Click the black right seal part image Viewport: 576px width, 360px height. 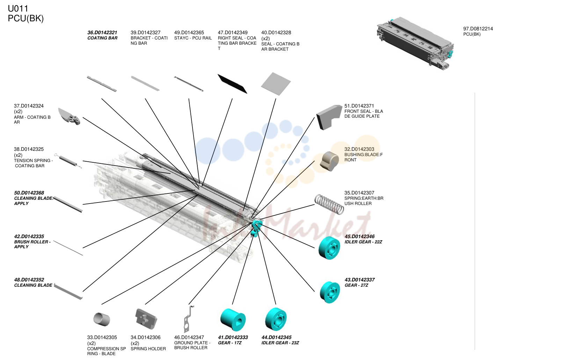[232, 84]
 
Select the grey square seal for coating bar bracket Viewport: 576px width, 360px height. [276, 84]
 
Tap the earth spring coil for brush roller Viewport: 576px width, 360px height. [329, 204]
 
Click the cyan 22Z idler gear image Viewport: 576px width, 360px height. [329, 248]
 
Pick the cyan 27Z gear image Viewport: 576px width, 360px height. [330, 292]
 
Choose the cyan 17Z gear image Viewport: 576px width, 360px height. [233, 319]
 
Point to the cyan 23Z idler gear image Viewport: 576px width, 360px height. [276, 319]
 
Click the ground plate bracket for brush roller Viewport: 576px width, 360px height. [189, 319]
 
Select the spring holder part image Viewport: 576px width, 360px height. [146, 319]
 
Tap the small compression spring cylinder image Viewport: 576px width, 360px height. [102, 319]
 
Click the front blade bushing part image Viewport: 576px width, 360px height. [329, 161]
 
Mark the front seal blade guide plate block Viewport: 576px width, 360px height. [329, 117]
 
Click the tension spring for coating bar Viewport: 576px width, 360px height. [68, 161]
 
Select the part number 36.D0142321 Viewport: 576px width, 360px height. [102, 32]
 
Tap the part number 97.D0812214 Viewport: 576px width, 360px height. [478, 29]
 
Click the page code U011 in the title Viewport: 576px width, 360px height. [18, 9]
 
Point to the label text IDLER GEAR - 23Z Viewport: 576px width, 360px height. [280, 343]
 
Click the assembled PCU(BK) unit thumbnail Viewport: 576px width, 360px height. [415, 43]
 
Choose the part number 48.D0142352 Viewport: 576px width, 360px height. [29, 280]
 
